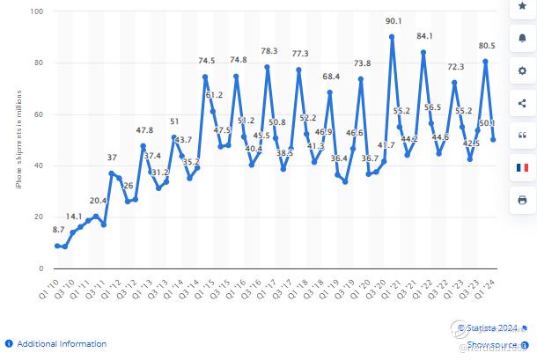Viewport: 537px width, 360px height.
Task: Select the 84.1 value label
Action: point(424,36)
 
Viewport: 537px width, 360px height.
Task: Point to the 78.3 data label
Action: point(269,51)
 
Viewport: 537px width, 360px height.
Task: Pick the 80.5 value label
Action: point(487,46)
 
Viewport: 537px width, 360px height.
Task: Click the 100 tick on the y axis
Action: point(38,11)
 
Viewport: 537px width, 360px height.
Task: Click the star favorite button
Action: point(522,6)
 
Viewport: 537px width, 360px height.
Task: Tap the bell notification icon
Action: point(522,39)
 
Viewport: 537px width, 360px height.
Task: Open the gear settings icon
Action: point(522,70)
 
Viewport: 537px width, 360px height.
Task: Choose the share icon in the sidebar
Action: point(522,102)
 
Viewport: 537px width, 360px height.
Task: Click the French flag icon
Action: point(522,166)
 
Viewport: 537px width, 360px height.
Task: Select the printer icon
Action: point(522,199)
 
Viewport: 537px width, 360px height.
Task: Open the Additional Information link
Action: point(62,344)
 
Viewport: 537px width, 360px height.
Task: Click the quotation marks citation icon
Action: point(522,135)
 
